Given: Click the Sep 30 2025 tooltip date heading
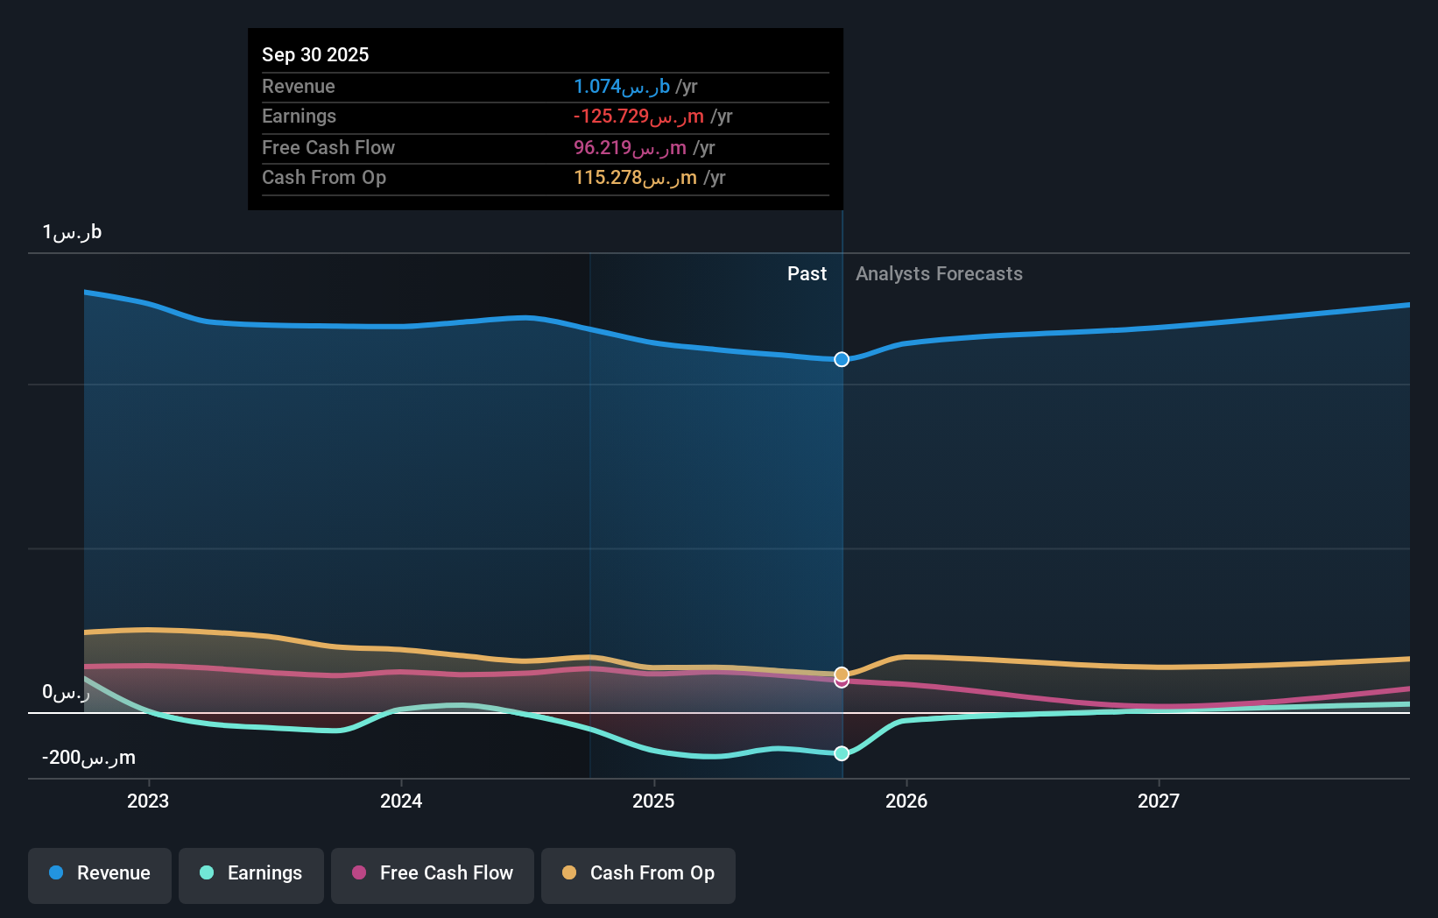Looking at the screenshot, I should pos(315,54).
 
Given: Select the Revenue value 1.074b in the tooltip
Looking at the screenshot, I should pos(621,86).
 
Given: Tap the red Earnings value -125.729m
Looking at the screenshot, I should pos(638,117).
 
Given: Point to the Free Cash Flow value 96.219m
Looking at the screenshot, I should pos(629,147).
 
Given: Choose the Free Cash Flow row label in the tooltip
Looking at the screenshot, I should pos(328,147).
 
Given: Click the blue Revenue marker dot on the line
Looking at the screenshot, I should pos(842,359).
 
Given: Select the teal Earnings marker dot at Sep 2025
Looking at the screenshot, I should pos(842,753).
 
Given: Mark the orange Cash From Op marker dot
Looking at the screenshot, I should pos(842,674).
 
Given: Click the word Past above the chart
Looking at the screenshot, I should pos(807,274).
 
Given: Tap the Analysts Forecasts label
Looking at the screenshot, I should pos(939,274).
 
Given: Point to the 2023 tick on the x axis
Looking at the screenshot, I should pos(148,801).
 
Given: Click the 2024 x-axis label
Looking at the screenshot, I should pos(401,801).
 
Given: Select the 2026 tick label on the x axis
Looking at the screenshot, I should pos(906,801).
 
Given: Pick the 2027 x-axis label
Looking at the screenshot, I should pos(1159,801).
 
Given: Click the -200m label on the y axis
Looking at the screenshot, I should pos(88,758).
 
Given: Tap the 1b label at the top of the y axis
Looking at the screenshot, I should pos(72,232).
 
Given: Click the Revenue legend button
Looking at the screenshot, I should pos(100,873).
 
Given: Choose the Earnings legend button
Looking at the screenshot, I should pos(251,873).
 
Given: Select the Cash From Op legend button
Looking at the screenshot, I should pos(638,873).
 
